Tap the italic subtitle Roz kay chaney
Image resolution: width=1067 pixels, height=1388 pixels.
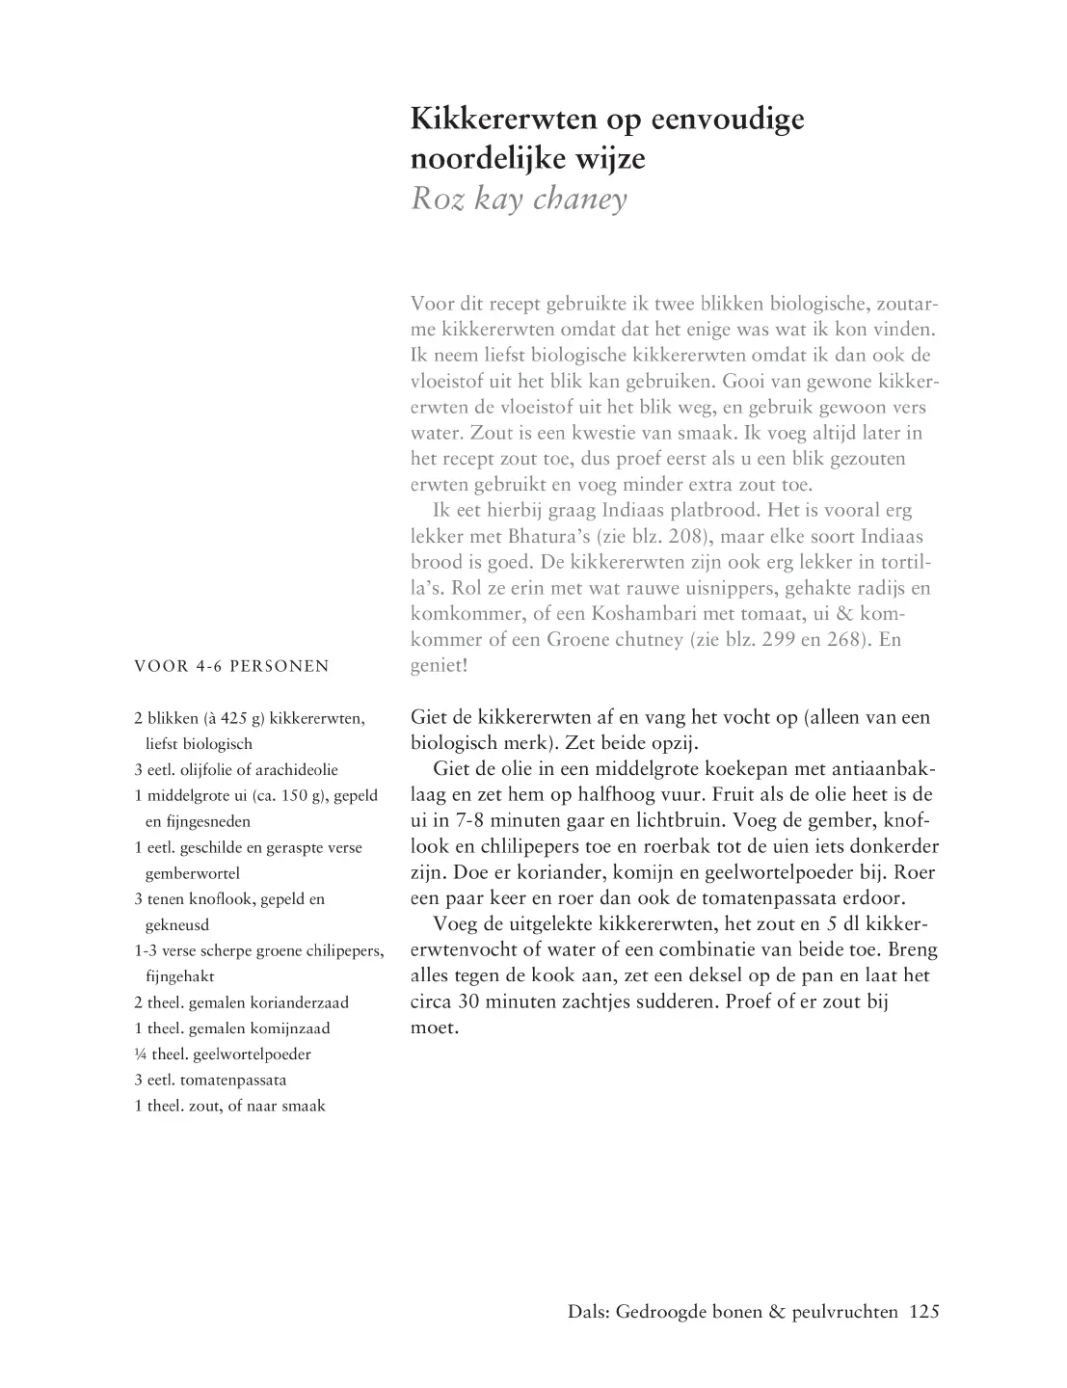pos(519,199)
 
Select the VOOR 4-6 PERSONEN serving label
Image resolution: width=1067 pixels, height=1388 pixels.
pos(231,666)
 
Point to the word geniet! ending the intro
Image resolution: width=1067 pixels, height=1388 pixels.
pos(439,665)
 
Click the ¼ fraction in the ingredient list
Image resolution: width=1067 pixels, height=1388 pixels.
pos(141,1054)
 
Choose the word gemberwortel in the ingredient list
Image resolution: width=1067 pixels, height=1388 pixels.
pos(192,873)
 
